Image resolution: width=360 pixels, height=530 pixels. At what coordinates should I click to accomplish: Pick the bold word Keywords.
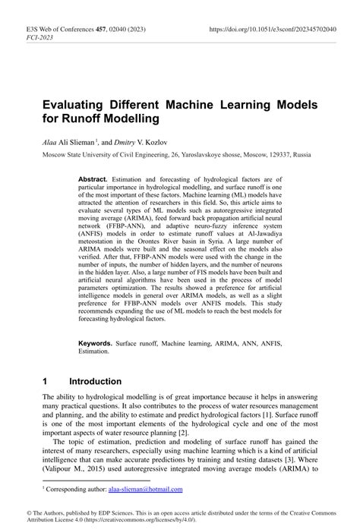[x=100, y=343]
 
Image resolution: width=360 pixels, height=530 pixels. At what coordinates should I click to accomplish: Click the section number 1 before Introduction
[x=46, y=380]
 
